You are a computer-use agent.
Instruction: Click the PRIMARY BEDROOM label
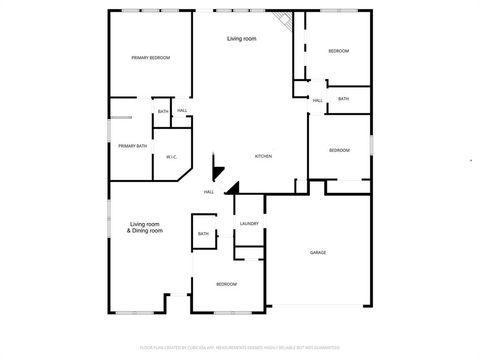(x=151, y=58)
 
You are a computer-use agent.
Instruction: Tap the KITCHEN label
(x=263, y=157)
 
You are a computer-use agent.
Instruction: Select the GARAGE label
(x=318, y=252)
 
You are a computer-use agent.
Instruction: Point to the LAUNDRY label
(x=249, y=223)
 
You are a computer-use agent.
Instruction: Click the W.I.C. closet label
(x=172, y=156)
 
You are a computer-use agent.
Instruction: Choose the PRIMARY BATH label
(x=133, y=146)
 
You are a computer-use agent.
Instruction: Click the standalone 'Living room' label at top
(x=241, y=38)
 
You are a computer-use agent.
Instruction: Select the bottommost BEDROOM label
(x=227, y=284)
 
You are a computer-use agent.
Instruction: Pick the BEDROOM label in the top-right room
(x=339, y=50)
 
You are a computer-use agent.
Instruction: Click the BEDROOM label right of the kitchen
(x=340, y=150)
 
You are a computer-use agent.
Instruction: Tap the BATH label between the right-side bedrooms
(x=343, y=99)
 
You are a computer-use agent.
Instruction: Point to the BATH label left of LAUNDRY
(x=203, y=234)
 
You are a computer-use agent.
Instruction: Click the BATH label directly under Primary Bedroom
(x=162, y=111)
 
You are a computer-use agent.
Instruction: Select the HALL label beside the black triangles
(x=209, y=191)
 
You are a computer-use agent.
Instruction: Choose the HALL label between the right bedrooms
(x=317, y=101)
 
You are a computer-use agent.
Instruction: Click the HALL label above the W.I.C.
(x=182, y=111)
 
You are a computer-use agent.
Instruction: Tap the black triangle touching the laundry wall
(x=233, y=188)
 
